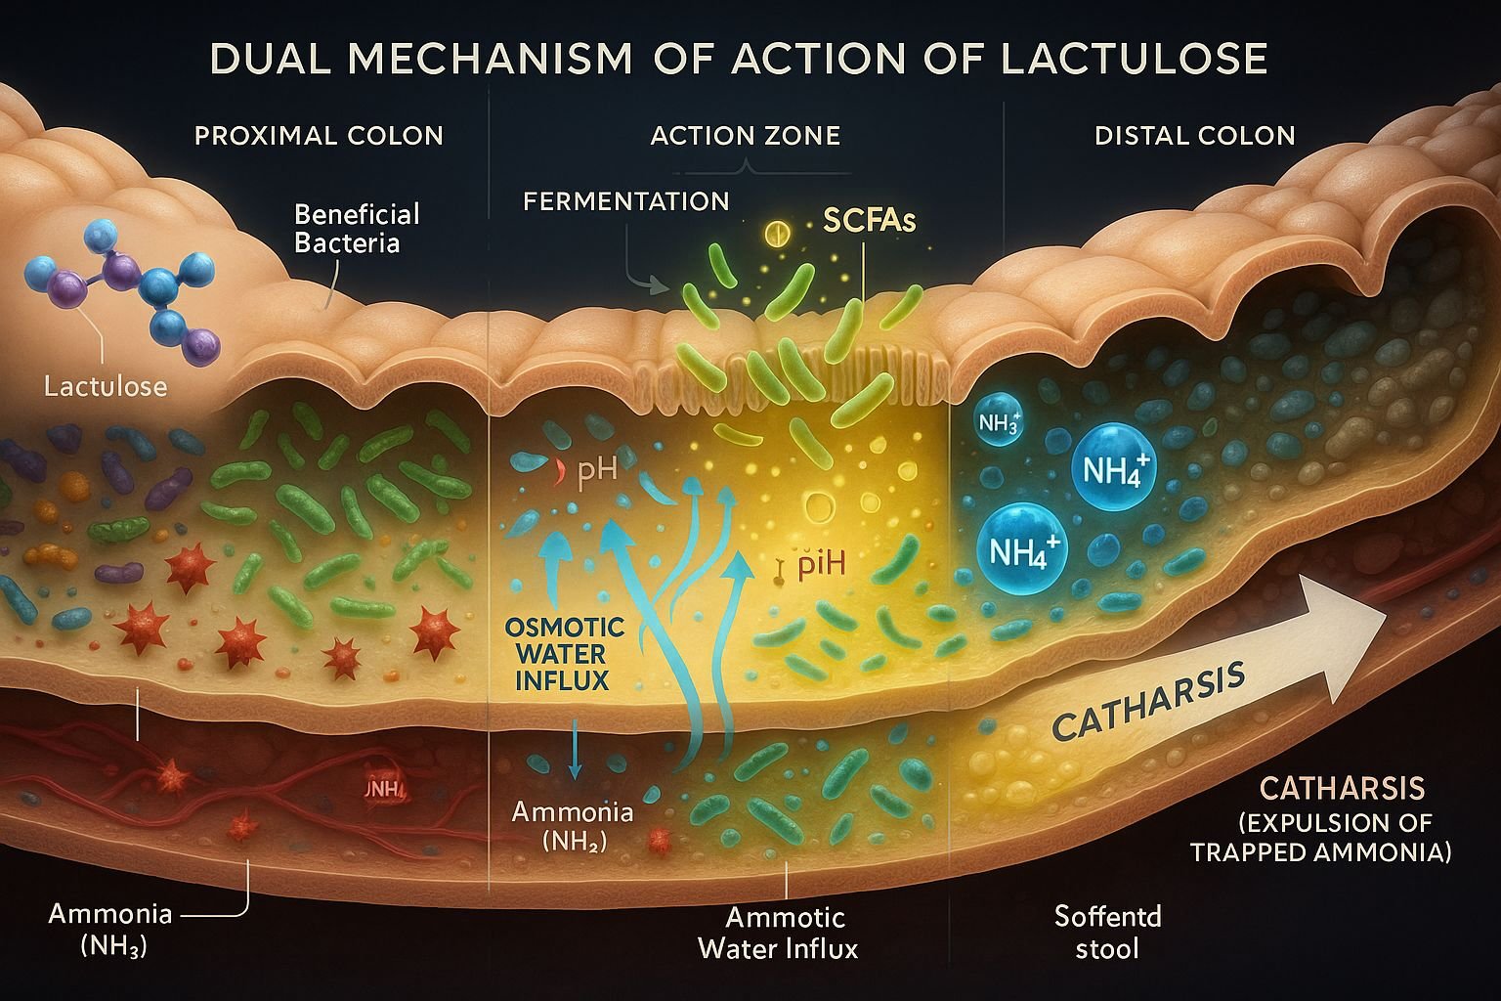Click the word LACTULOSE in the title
[x=1135, y=59]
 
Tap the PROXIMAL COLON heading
[x=319, y=135]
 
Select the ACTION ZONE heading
[x=745, y=135]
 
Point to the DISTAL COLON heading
[x=1194, y=135]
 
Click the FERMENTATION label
[x=625, y=201]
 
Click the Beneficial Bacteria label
[x=356, y=228]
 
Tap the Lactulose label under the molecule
[x=106, y=386]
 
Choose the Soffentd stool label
[x=1107, y=932]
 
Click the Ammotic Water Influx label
[x=778, y=933]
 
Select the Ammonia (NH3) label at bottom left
[x=109, y=929]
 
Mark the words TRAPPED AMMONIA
[x=1319, y=851]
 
